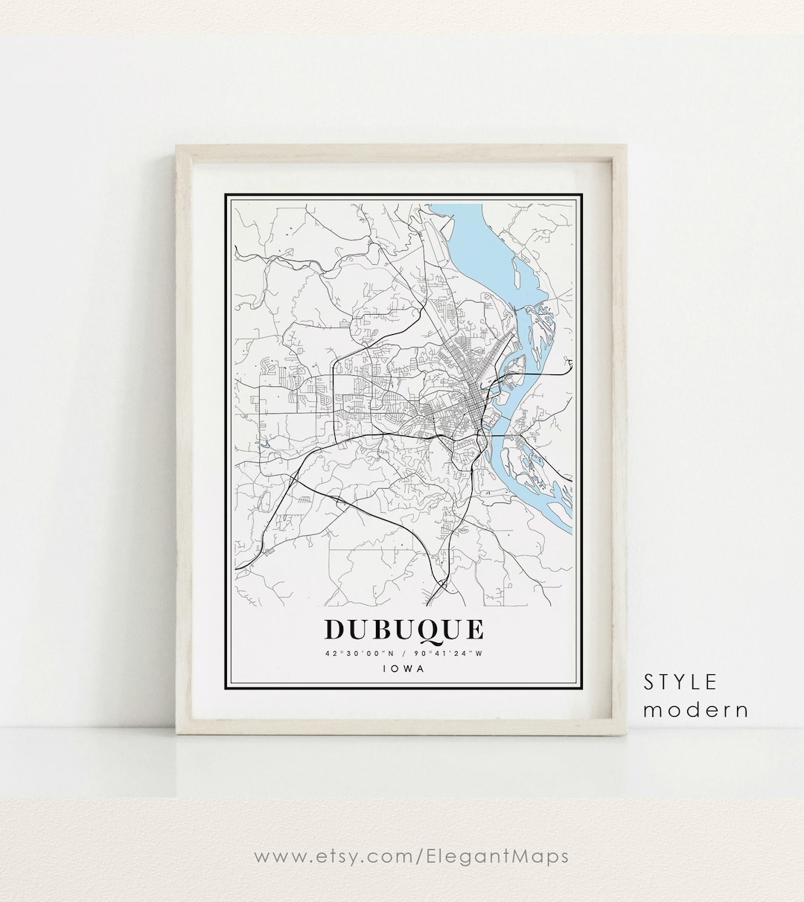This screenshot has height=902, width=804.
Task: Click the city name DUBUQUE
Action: tap(403, 630)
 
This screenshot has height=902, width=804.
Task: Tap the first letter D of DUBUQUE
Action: tap(334, 630)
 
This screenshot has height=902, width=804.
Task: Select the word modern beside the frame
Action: tap(695, 710)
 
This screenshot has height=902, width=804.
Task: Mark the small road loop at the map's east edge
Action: tap(569, 363)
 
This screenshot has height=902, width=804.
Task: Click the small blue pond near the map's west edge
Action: tap(263, 446)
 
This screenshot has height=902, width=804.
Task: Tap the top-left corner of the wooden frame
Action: tap(179, 148)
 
